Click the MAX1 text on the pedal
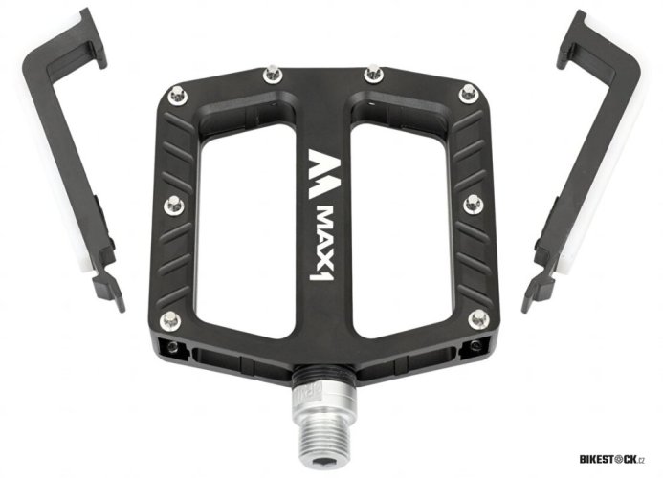coord(323,244)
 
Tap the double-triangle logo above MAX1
coord(323,173)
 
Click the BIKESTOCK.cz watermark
coord(611,459)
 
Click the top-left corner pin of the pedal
coord(177,95)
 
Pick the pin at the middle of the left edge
coord(174,205)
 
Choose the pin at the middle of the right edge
coord(473,204)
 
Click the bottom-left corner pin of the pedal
coord(170,320)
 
